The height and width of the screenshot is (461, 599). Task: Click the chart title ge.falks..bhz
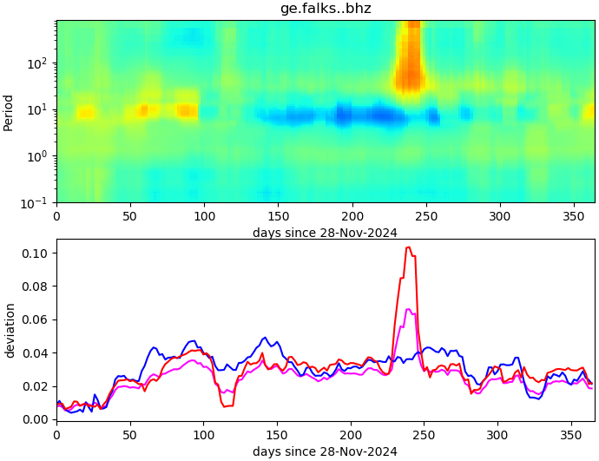pyautogui.click(x=326, y=9)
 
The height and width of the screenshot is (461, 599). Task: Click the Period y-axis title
pyautogui.click(x=9, y=112)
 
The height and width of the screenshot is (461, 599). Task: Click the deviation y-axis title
pyautogui.click(x=10, y=330)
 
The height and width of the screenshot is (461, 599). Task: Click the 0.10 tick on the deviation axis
pyautogui.click(x=37, y=254)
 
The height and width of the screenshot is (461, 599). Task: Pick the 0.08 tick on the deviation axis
pyautogui.click(x=37, y=286)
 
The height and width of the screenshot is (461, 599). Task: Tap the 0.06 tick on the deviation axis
pyautogui.click(x=37, y=319)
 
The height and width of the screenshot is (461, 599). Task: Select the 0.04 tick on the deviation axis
pyautogui.click(x=37, y=352)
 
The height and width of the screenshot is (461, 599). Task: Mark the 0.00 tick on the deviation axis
pyautogui.click(x=37, y=419)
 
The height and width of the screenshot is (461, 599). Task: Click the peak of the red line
pyautogui.click(x=408, y=247)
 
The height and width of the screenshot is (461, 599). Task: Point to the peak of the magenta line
pyautogui.click(x=409, y=309)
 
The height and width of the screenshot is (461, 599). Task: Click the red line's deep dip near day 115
pyautogui.click(x=227, y=405)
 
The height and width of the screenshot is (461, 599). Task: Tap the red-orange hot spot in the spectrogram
pyautogui.click(x=408, y=69)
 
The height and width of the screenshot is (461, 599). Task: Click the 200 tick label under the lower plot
pyautogui.click(x=352, y=435)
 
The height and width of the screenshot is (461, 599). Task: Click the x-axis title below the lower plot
pyautogui.click(x=326, y=451)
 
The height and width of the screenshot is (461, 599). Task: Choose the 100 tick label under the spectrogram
pyautogui.click(x=204, y=216)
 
